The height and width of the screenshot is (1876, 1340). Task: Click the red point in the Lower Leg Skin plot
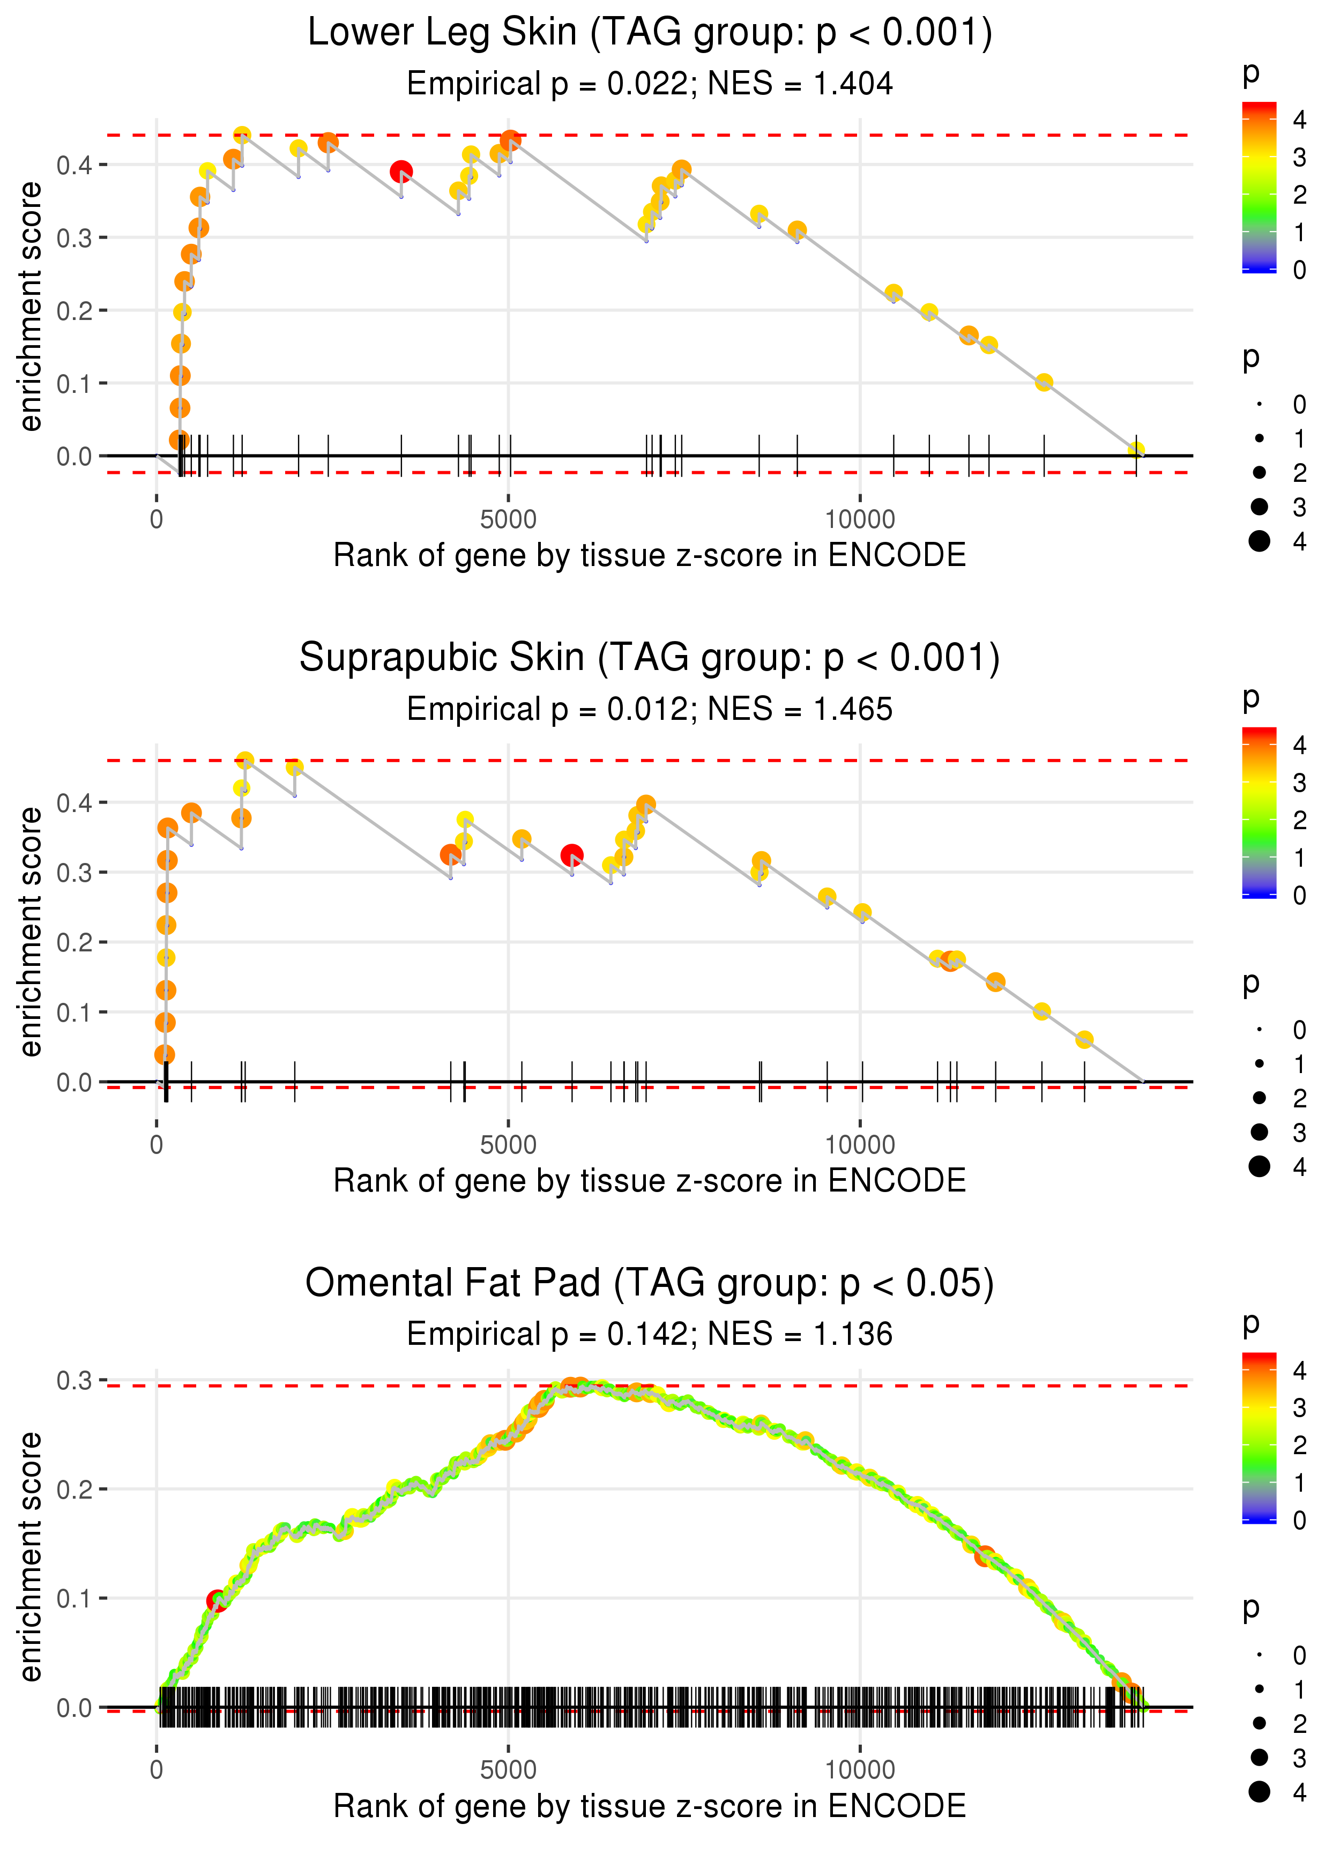point(401,172)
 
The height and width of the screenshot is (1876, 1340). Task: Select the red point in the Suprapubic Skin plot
point(572,855)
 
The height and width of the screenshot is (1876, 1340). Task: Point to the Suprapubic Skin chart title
point(650,658)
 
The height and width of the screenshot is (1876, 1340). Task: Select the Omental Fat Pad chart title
point(650,1283)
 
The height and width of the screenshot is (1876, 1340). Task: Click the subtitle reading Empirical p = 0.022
point(650,84)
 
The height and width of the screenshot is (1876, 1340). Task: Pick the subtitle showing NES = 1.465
point(650,710)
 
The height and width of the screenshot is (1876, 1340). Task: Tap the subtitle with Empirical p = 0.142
point(650,1334)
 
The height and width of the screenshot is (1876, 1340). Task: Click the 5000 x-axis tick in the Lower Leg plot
point(508,520)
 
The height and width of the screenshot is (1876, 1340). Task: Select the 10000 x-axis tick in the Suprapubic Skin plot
point(860,1145)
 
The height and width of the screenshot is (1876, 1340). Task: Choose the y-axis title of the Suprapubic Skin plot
point(31,932)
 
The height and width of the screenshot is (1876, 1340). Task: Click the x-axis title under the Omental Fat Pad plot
point(650,1806)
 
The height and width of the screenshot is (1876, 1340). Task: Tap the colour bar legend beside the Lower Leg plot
point(1259,187)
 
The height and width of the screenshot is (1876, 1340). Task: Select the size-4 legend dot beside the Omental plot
point(1259,1791)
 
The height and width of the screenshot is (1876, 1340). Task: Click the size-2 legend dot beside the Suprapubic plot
point(1259,1097)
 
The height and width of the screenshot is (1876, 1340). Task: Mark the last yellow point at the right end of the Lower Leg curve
point(1136,450)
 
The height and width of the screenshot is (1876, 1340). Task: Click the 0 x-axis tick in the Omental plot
point(157,1769)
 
